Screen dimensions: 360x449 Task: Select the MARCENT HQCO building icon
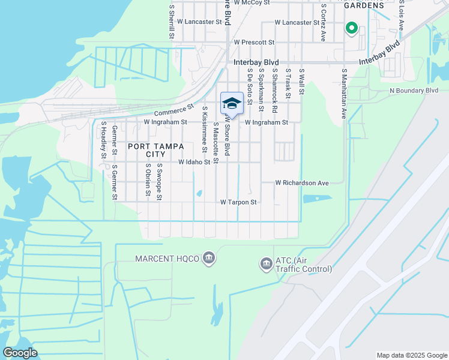(209, 259)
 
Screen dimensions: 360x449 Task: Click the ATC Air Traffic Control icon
(266, 263)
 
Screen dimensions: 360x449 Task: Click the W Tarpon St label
(238, 203)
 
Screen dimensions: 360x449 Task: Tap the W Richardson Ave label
(303, 182)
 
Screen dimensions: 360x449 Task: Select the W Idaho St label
(194, 162)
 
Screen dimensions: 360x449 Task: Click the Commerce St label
(175, 110)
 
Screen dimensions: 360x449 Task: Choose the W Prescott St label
(254, 43)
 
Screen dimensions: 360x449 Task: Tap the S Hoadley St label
(104, 140)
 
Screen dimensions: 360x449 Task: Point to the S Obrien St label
(148, 179)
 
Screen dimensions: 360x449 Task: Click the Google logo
(20, 353)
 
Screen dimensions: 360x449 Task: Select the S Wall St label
(301, 83)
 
